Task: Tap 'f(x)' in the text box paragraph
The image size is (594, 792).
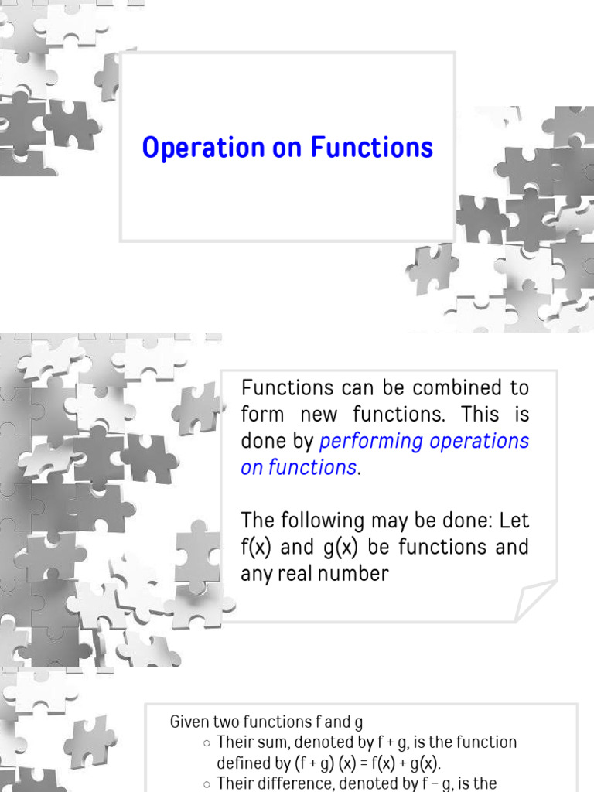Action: click(255, 547)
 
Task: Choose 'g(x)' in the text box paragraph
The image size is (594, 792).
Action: click(333, 547)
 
